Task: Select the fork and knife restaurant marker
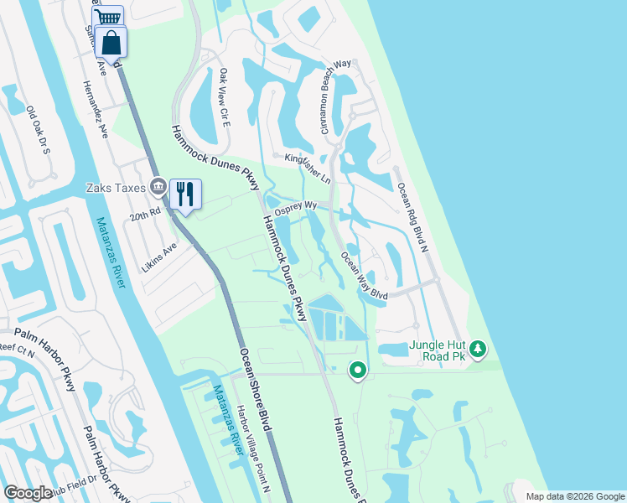tap(184, 194)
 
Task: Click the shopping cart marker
tap(108, 18)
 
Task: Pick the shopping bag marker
tap(111, 41)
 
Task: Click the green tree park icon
tap(478, 348)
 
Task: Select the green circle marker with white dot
tap(358, 369)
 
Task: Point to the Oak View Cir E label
tap(225, 98)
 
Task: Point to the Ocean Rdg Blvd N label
tap(412, 217)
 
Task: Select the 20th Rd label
tap(145, 215)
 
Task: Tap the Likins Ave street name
tap(158, 249)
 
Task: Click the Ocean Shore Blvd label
tap(256, 389)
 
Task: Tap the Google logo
tap(28, 494)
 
